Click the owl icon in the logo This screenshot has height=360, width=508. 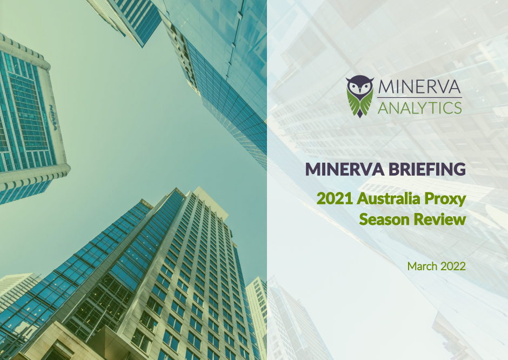pyautogui.click(x=360, y=96)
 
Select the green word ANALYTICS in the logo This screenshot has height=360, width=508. pyautogui.click(x=420, y=108)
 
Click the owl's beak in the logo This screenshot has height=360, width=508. pyautogui.click(x=360, y=90)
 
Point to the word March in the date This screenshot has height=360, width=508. pyautogui.click(x=421, y=266)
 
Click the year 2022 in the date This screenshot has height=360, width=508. pyautogui.click(x=453, y=266)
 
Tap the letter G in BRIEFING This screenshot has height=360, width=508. pyautogui.click(x=457, y=169)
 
